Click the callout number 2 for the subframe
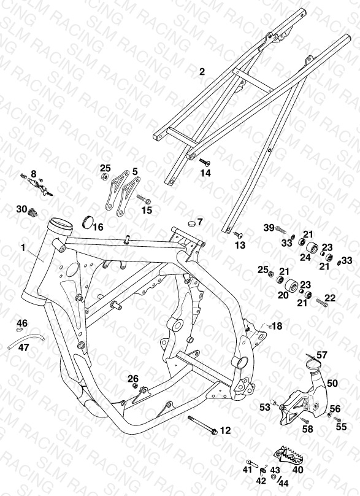click(202, 71)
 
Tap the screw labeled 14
click(204, 162)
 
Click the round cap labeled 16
click(87, 222)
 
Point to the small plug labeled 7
click(191, 223)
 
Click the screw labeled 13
click(238, 234)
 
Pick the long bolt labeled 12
click(203, 425)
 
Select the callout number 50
click(332, 384)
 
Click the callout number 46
click(22, 324)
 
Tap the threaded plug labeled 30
click(33, 212)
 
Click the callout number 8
click(34, 173)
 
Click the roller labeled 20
click(291, 286)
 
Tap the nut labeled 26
click(135, 386)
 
